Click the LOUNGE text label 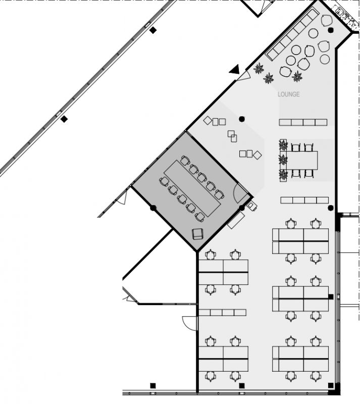tap(288, 94)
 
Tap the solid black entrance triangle tap(235, 69)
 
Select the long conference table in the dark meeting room tap(192, 188)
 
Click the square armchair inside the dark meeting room tap(197, 234)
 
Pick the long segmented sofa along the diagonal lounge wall tap(292, 34)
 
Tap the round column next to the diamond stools tap(241, 119)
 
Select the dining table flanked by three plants tap(302, 160)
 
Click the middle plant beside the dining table tap(283, 160)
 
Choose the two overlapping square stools tap(232, 136)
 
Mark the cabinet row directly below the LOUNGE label tap(303, 122)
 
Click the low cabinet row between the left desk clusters tap(222, 313)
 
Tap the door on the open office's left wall tap(190, 323)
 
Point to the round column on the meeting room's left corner tap(153, 208)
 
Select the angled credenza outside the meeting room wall tap(236, 220)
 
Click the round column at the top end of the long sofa tap(331, 30)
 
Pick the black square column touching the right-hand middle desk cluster tap(331, 296)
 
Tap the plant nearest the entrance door tap(259, 69)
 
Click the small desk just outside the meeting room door tap(252, 206)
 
